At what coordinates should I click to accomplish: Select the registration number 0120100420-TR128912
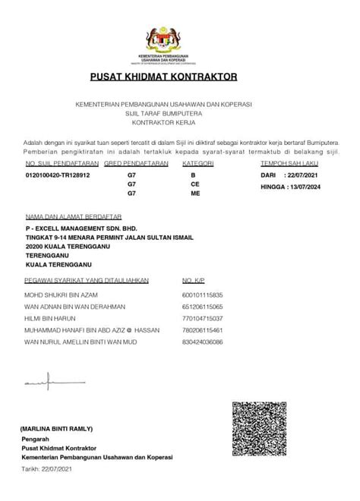pyautogui.click(x=58, y=175)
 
